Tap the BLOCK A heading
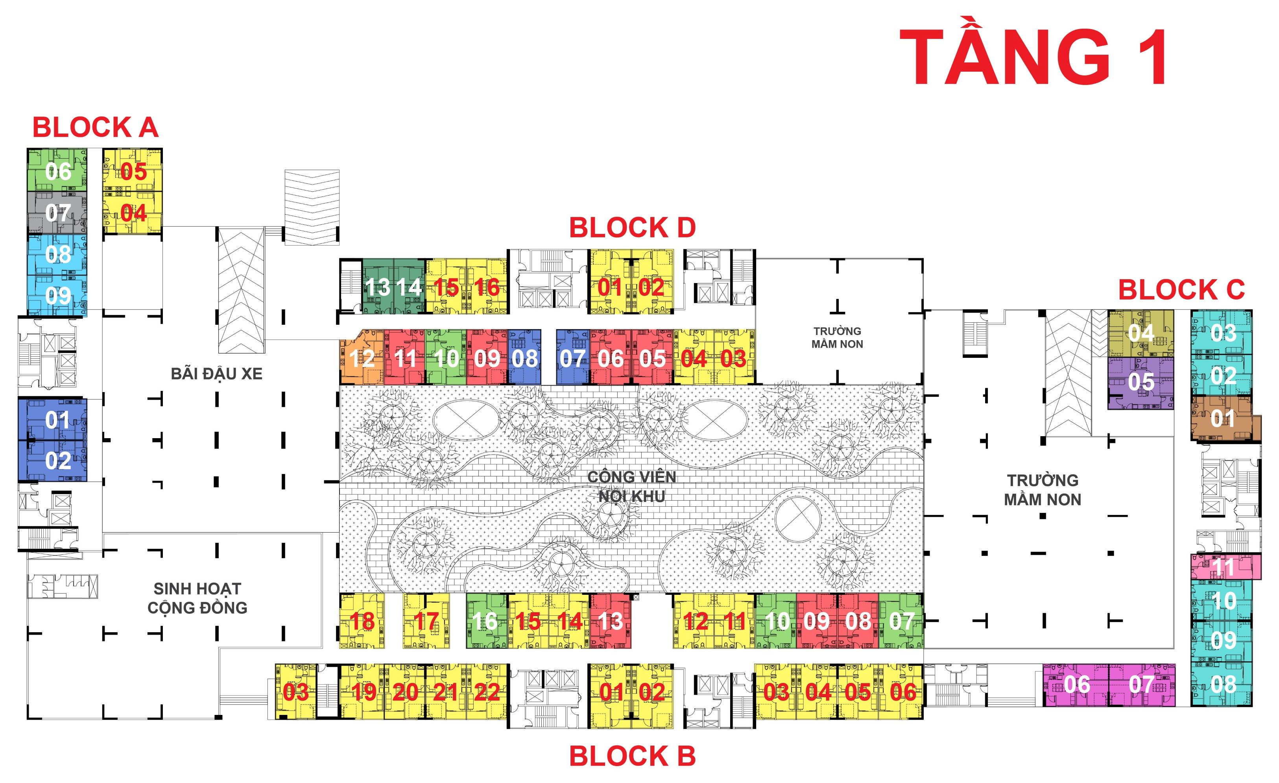click(95, 127)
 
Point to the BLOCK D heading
click(632, 228)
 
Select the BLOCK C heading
click(1181, 290)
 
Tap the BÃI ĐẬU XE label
click(216, 374)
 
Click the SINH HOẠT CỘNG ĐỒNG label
click(197, 598)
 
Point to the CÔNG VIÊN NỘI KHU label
click(632, 487)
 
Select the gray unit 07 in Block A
click(57, 213)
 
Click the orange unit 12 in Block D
click(362, 358)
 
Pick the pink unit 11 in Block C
click(1225, 566)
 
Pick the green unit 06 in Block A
click(57, 171)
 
